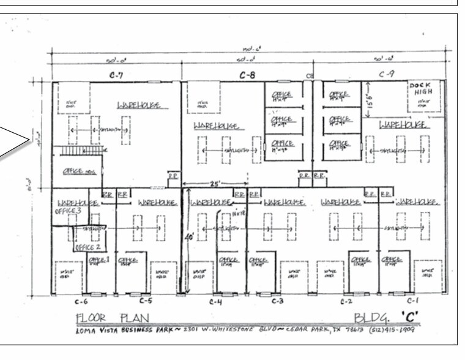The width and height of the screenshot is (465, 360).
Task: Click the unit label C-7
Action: pyautogui.click(x=116, y=76)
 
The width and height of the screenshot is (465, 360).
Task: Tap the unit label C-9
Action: pyautogui.click(x=386, y=75)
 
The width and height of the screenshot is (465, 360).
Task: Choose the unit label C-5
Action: pyautogui.click(x=145, y=301)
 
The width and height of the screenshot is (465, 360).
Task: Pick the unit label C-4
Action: pyautogui.click(x=216, y=301)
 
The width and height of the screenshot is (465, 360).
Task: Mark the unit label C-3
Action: pyautogui.click(x=277, y=301)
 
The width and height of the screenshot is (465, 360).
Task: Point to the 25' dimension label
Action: pyautogui.click(x=215, y=182)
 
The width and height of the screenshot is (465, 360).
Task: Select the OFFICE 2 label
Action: pyautogui.click(x=88, y=247)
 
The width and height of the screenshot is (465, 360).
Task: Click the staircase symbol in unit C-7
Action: pyautogui.click(x=77, y=151)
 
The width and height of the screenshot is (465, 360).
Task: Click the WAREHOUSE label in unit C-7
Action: pyautogui.click(x=139, y=105)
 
